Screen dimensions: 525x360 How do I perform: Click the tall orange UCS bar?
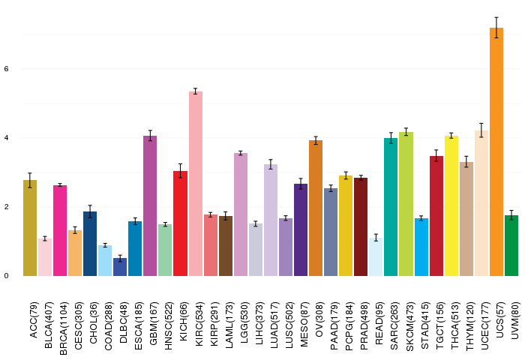pyautogui.click(x=496, y=151)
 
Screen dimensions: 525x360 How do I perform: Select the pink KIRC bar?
pyautogui.click(x=196, y=184)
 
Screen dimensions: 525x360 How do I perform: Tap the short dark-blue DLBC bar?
pyautogui.click(x=120, y=267)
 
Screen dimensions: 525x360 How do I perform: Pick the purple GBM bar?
pyautogui.click(x=150, y=206)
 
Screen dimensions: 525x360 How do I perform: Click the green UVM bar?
pyautogui.click(x=511, y=245)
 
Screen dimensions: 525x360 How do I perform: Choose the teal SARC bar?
pyautogui.click(x=391, y=207)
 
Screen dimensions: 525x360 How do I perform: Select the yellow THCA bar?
pyautogui.click(x=451, y=206)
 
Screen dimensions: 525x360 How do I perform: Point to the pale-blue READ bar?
pyautogui.click(x=376, y=256)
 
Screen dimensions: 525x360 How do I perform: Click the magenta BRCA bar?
pyautogui.click(x=60, y=230)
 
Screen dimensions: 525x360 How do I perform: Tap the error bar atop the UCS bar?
pyautogui.click(x=496, y=28)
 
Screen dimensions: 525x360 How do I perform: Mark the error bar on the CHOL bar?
pyautogui.click(x=90, y=211)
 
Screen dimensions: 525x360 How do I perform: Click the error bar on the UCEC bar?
pyautogui.click(x=481, y=130)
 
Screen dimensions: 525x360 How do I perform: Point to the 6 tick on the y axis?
pyautogui.click(x=6, y=69)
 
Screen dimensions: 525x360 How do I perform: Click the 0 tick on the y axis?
pyautogui.click(x=6, y=276)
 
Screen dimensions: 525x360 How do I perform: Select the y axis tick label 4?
pyautogui.click(x=6, y=138)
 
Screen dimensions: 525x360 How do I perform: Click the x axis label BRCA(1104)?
pyautogui.click(x=63, y=328)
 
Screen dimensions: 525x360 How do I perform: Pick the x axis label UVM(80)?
pyautogui.click(x=515, y=320)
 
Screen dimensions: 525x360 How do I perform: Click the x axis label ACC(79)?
pyautogui.click(x=34, y=319)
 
